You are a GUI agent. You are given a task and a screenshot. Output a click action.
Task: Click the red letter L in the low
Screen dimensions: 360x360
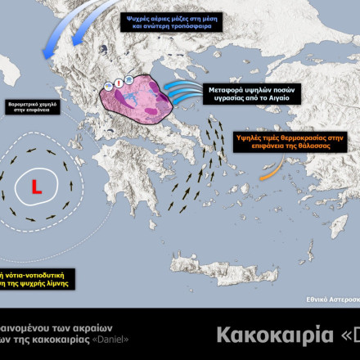(x=36, y=187)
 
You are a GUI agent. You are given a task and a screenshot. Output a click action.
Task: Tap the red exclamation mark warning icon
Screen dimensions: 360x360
(x=119, y=83)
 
